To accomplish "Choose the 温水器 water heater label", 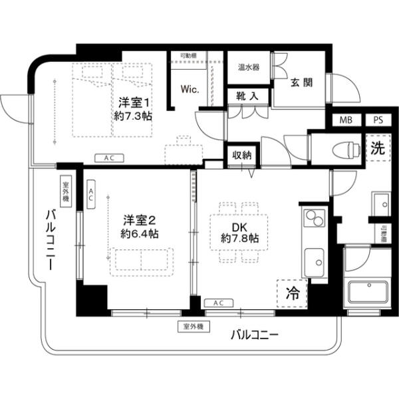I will coord(249,67).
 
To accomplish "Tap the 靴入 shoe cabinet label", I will coord(248,96).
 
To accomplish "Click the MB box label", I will coord(346,120).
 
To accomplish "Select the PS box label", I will coord(377,120).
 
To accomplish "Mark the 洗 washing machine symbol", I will coord(377,149).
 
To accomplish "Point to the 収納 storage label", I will coord(242,155).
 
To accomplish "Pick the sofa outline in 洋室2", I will coord(142,259).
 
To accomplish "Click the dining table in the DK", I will coord(239,231).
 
